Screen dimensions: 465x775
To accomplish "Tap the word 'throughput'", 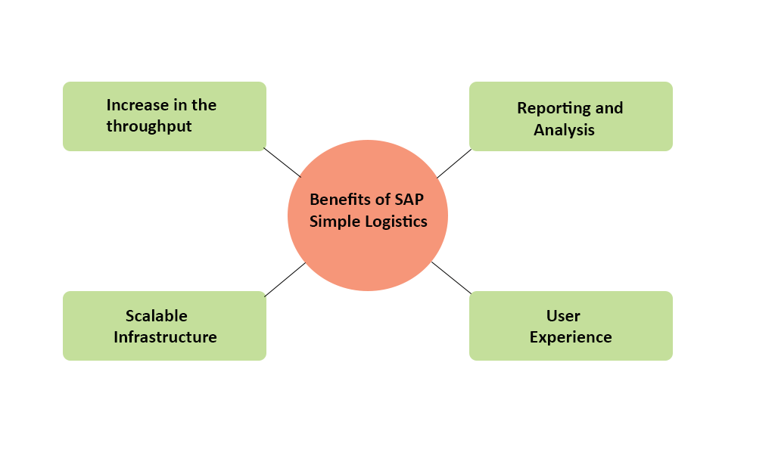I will tap(149, 127).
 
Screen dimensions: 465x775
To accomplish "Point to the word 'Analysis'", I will tap(564, 130).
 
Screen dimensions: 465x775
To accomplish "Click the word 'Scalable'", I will tap(156, 315).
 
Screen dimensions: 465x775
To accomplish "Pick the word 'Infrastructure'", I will tap(165, 337).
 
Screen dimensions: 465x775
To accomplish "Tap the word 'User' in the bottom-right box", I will tap(563, 315).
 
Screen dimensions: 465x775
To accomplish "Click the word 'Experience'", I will tap(571, 337).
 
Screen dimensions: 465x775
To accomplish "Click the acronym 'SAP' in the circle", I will tap(409, 200).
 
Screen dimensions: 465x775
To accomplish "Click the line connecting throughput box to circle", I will tap(282, 162).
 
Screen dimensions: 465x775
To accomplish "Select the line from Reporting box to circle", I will tap(454, 163).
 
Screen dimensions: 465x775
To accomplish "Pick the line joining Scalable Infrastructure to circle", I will tap(285, 279).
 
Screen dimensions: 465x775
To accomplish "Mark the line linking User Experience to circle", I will tap(451, 277).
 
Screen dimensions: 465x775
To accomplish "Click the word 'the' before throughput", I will tap(204, 105).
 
